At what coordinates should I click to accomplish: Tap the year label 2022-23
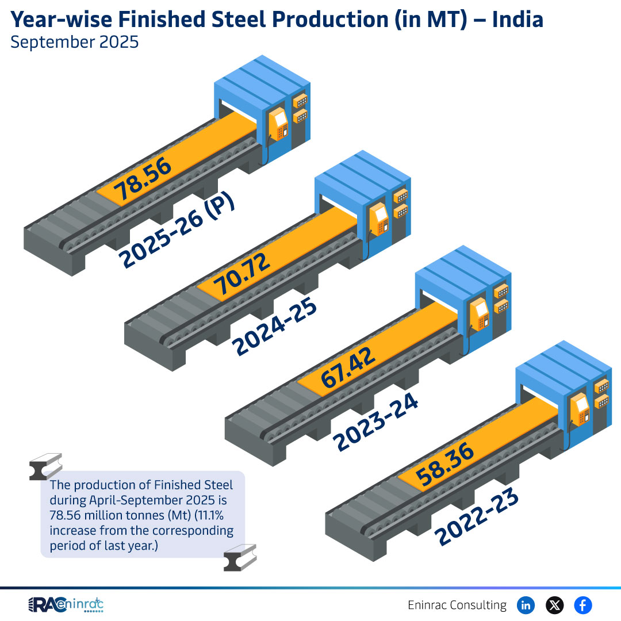[477, 517]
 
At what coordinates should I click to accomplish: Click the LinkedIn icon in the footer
[526, 605]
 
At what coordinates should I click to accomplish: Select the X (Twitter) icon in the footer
[554, 605]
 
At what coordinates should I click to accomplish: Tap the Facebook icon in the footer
[583, 605]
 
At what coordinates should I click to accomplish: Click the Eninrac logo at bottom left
[66, 605]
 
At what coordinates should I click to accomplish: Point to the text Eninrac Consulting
[457, 605]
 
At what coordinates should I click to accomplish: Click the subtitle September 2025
[75, 43]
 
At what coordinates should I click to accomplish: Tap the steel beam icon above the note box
[45, 466]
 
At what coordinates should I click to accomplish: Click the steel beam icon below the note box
[240, 558]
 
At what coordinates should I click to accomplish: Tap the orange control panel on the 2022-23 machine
[580, 410]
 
